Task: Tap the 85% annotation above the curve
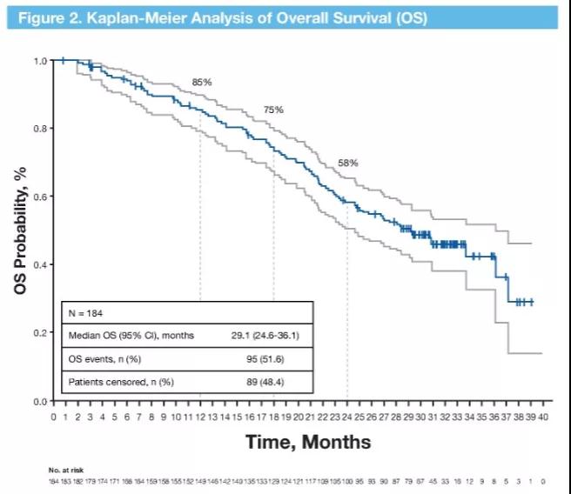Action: click(x=202, y=82)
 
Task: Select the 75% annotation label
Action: click(x=274, y=110)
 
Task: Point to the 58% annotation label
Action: click(x=348, y=163)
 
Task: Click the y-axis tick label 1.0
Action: click(x=41, y=61)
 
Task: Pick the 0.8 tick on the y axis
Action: click(x=41, y=129)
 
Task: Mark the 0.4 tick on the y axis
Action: click(x=41, y=264)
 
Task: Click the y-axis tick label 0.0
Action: click(x=41, y=401)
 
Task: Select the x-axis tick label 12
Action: click(x=200, y=417)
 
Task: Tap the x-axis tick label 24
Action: click(x=347, y=417)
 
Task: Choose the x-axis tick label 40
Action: click(x=543, y=417)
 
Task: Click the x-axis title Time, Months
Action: click(x=308, y=443)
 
